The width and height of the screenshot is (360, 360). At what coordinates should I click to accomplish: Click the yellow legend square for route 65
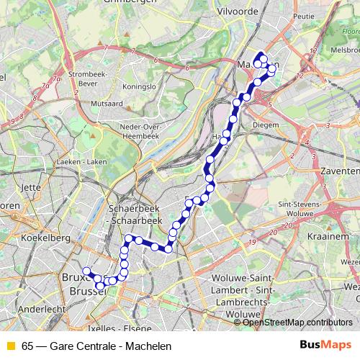[x=10, y=346]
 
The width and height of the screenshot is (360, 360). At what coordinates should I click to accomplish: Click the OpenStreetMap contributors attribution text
[x=297, y=322]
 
